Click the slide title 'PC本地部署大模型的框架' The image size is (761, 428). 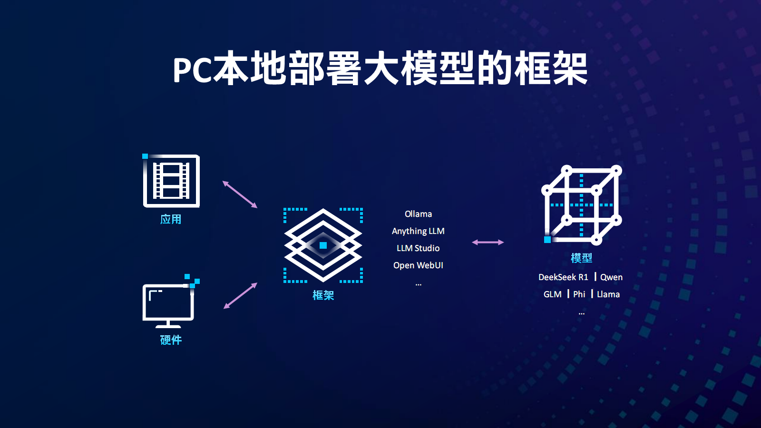pos(380,69)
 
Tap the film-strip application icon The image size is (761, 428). pos(171,181)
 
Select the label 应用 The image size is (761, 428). pos(171,219)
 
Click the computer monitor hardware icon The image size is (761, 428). pos(169,304)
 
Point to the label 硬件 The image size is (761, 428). pos(171,340)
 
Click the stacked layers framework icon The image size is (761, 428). pos(323,245)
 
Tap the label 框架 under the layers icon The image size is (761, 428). pos(323,295)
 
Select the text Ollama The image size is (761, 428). pos(418,214)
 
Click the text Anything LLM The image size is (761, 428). pos(418,231)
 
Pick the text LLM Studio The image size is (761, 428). pos(418,248)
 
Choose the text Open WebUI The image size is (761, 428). pos(418,265)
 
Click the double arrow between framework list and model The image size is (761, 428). pos(488,243)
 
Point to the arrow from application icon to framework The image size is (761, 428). pos(240,195)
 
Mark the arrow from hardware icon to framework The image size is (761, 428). pos(240,296)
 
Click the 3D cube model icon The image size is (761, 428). pos(581,204)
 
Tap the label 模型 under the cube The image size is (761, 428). pos(581,258)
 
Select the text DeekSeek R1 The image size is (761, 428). pos(563,277)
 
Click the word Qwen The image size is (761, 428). pos(611,277)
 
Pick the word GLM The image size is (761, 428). pos(552,294)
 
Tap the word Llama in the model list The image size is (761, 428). pos(608,294)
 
